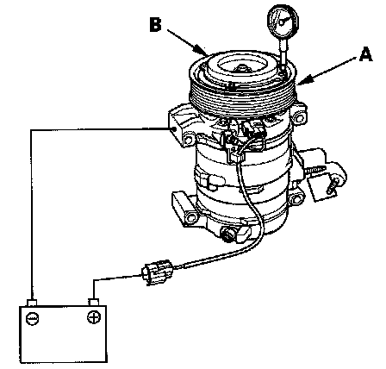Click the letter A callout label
[365, 54]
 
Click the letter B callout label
[156, 24]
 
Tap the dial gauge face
[283, 21]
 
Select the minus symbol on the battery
[32, 318]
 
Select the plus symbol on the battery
[94, 317]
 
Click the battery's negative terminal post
[32, 303]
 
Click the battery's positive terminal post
[94, 302]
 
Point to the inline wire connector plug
[158, 271]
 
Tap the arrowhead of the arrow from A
[302, 81]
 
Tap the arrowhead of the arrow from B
[201, 50]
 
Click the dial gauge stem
[283, 53]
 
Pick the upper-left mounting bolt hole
[189, 140]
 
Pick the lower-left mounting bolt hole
[190, 216]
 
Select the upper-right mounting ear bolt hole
[300, 117]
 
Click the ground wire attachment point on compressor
[175, 129]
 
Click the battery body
[63, 334]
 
